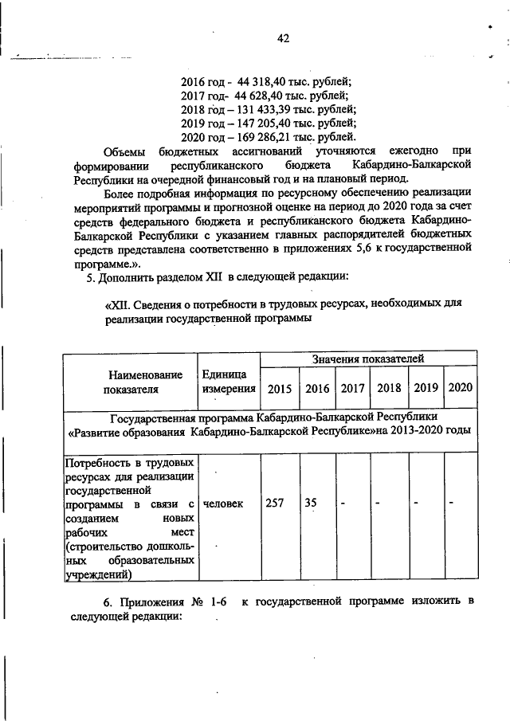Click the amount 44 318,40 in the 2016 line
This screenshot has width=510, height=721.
pyautogui.click(x=264, y=81)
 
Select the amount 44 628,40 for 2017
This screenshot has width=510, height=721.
pyautogui.click(x=262, y=96)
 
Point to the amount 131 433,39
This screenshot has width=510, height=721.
pyautogui.click(x=271, y=109)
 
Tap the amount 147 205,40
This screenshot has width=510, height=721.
pyautogui.click(x=271, y=123)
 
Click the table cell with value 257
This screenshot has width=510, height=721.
pyautogui.click(x=274, y=504)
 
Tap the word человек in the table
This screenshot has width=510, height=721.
pyautogui.click(x=225, y=504)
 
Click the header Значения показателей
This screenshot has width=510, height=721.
pyautogui.click(x=368, y=359)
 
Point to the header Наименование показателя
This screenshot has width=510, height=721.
pyautogui.click(x=130, y=382)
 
